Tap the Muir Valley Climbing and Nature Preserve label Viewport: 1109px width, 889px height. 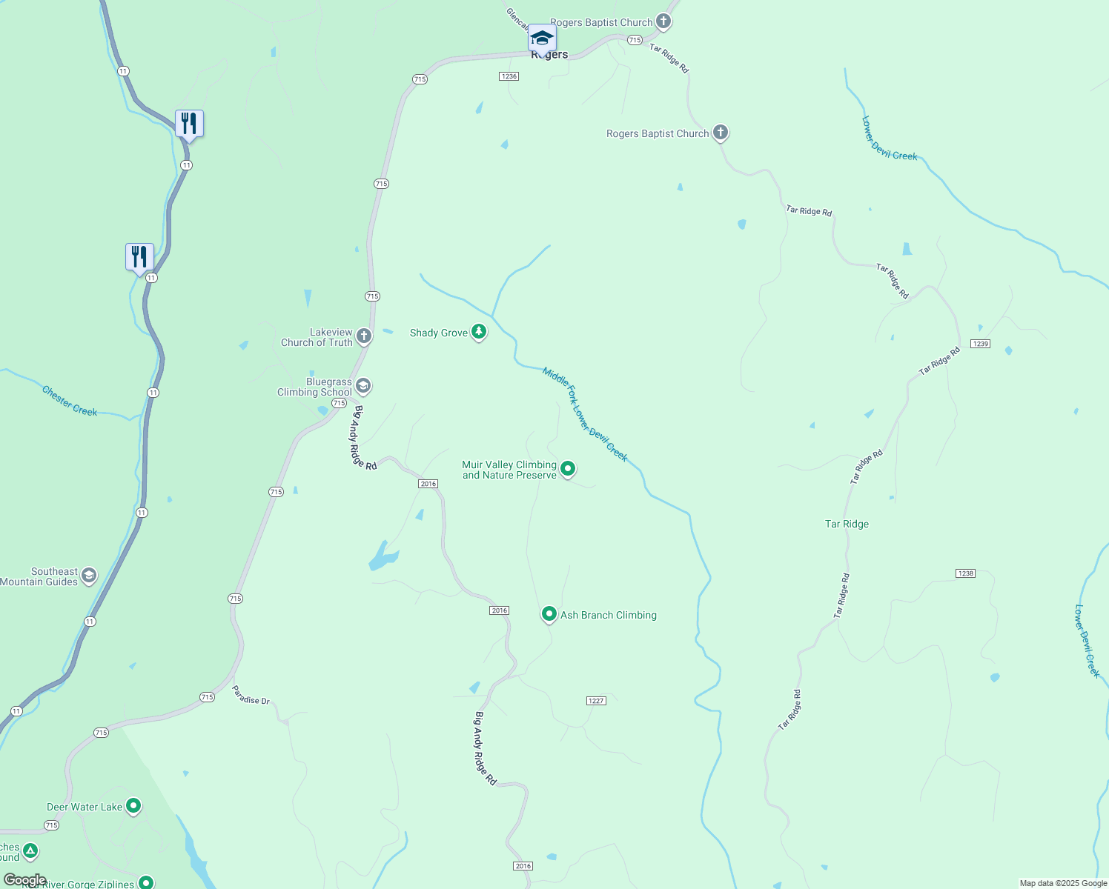click(509, 470)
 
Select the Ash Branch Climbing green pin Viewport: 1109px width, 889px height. click(549, 613)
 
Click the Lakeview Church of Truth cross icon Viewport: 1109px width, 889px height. click(363, 336)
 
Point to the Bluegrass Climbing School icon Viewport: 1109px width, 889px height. click(363, 385)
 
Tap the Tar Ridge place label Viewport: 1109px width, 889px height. click(847, 524)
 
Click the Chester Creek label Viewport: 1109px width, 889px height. click(70, 401)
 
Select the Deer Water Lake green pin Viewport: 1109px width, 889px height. click(133, 805)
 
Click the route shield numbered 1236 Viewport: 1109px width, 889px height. click(509, 76)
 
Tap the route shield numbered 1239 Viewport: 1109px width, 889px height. click(980, 344)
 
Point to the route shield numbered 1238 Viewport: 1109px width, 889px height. click(965, 573)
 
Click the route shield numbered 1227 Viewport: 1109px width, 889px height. click(596, 701)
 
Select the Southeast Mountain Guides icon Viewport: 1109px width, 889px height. click(89, 576)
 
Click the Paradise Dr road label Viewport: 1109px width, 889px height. click(251, 695)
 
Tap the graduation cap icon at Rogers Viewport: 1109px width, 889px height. click(542, 37)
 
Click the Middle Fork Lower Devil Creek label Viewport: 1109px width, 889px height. click(585, 414)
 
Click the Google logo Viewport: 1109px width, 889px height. click(24, 879)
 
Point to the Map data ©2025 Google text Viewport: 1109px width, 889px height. click(1062, 883)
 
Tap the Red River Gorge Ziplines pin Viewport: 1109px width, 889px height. click(146, 882)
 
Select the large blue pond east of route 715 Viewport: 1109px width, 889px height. click(383, 557)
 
